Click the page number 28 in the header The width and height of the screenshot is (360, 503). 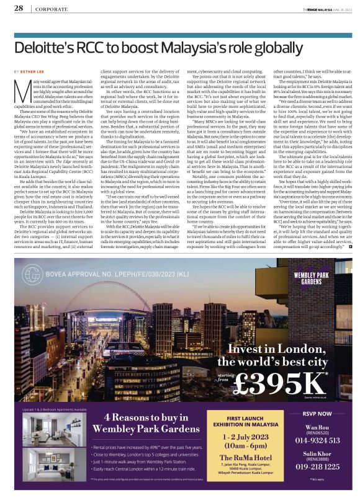(19, 9)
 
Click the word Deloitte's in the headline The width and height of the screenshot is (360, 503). (44, 47)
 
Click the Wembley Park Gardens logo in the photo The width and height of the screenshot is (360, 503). (322, 275)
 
